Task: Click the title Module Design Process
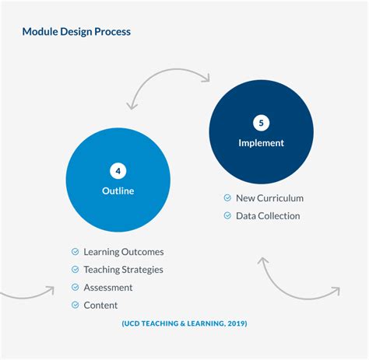coord(76,32)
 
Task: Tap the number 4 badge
coord(118,171)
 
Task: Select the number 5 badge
coord(261,123)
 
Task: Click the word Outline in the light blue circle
coord(118,190)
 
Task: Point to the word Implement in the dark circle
coord(261,143)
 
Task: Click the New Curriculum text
coord(269,198)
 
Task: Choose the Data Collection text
coord(268,215)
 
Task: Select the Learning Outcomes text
coord(123,252)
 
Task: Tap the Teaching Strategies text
coord(123,270)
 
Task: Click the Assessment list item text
coord(107,287)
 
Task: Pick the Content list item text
coord(100,305)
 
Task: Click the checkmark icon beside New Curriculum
coord(227,198)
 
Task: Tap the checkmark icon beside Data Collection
coord(227,215)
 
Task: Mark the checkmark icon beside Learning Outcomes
coord(75,252)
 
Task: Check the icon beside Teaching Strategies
coord(75,270)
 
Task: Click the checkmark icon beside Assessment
coord(75,287)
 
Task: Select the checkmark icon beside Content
coord(75,305)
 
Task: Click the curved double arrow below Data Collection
coord(298,280)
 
